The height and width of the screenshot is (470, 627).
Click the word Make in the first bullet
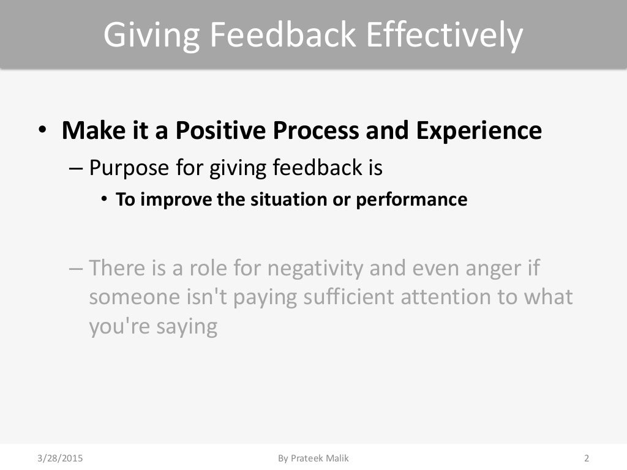coord(89,130)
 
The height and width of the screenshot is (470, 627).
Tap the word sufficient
coord(347,297)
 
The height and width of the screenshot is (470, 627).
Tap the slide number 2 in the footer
coord(587,458)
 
